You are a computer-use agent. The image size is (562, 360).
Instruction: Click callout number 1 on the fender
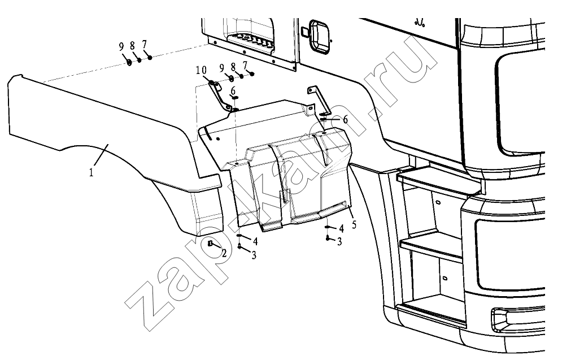coord(92,172)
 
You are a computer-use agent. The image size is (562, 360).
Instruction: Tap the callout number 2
coord(224,254)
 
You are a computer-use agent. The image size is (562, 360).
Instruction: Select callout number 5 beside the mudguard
coord(354,225)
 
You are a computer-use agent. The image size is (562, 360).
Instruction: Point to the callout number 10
coord(202,70)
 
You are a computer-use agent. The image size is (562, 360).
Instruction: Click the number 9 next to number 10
coord(222,67)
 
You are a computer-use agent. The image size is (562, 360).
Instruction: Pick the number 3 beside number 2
coord(254,255)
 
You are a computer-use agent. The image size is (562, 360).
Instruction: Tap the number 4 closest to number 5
coord(341,228)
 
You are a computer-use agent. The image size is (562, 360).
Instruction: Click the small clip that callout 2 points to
coord(211,244)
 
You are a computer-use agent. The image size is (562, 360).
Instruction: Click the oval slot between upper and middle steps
coord(438,202)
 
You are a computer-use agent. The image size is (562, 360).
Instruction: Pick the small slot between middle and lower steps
coord(445,278)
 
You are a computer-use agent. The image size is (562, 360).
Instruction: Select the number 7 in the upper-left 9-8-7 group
coord(144,45)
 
